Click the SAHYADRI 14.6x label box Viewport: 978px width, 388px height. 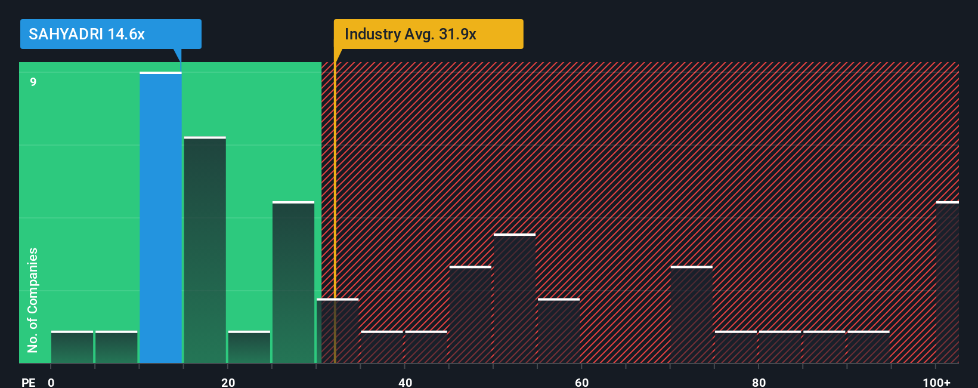(110, 34)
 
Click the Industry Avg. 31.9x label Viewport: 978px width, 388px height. (428, 34)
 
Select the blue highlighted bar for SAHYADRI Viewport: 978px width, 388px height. (160, 217)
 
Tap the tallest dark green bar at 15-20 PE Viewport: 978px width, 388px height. (205, 250)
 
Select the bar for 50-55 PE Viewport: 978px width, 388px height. (515, 298)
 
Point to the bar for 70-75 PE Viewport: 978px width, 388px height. (692, 315)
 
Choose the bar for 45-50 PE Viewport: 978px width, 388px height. (471, 315)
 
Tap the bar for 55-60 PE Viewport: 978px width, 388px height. (559, 331)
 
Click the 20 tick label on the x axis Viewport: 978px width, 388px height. (228, 382)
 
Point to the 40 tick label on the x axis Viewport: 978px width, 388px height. (405, 382)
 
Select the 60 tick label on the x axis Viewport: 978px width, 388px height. (581, 382)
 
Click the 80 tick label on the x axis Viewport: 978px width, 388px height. (759, 382)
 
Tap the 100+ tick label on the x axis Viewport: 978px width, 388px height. (936, 382)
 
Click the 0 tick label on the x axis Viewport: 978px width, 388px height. (51, 382)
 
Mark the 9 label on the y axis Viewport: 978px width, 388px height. (33, 82)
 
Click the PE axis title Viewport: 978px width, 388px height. (28, 382)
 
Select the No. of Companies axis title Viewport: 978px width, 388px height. (33, 300)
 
